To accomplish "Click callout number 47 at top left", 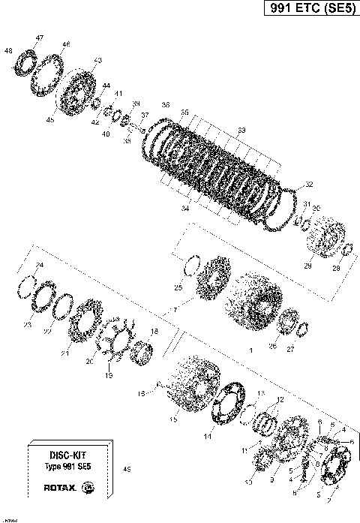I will click(39, 38).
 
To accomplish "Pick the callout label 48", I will click(8, 50).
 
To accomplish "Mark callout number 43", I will click(97, 59).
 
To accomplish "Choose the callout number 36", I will click(165, 104).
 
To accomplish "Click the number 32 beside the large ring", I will click(309, 184).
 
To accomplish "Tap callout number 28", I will click(335, 268).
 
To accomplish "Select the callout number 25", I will click(178, 287).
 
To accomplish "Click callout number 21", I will click(64, 353).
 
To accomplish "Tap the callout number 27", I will click(291, 348).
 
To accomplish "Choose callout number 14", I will click(207, 436).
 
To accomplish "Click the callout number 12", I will click(280, 400).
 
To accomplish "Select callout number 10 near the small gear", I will click(247, 482).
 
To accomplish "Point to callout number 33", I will click(241, 131).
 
